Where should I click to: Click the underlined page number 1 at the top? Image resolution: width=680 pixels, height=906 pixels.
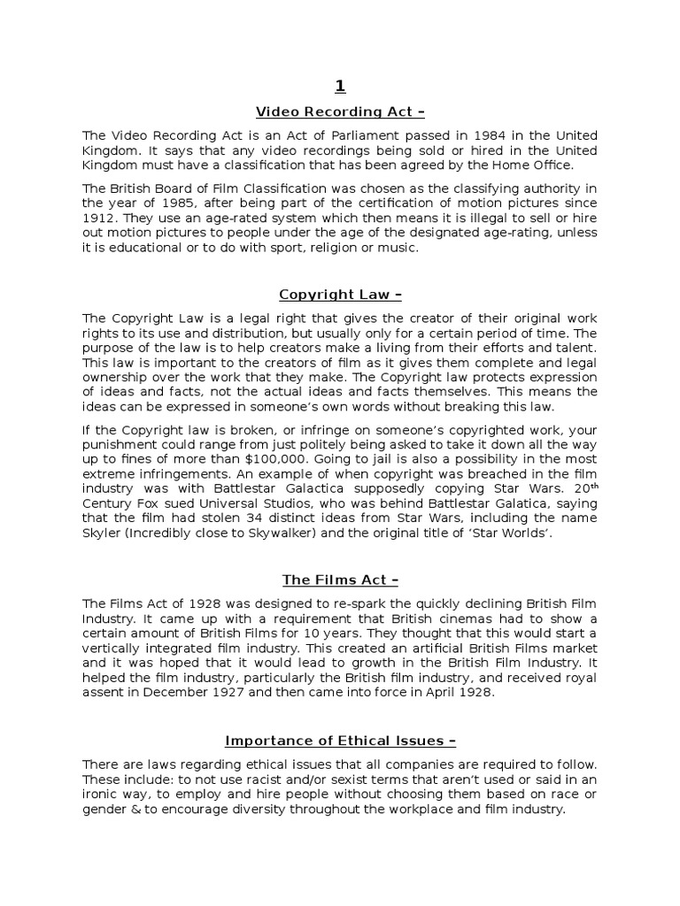pyautogui.click(x=340, y=86)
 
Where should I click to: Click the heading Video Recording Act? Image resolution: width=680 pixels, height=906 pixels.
pyautogui.click(x=340, y=111)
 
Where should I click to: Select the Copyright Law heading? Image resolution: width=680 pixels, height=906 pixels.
pyautogui.click(x=340, y=295)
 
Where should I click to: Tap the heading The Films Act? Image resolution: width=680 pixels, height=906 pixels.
pyautogui.click(x=340, y=580)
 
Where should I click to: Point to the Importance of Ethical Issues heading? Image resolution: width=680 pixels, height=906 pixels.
pyautogui.click(x=340, y=741)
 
